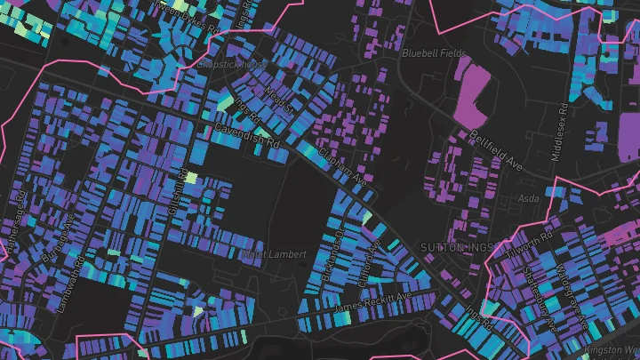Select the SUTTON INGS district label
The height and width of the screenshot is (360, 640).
tap(455, 246)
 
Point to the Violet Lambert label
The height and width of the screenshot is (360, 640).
tap(274, 254)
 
